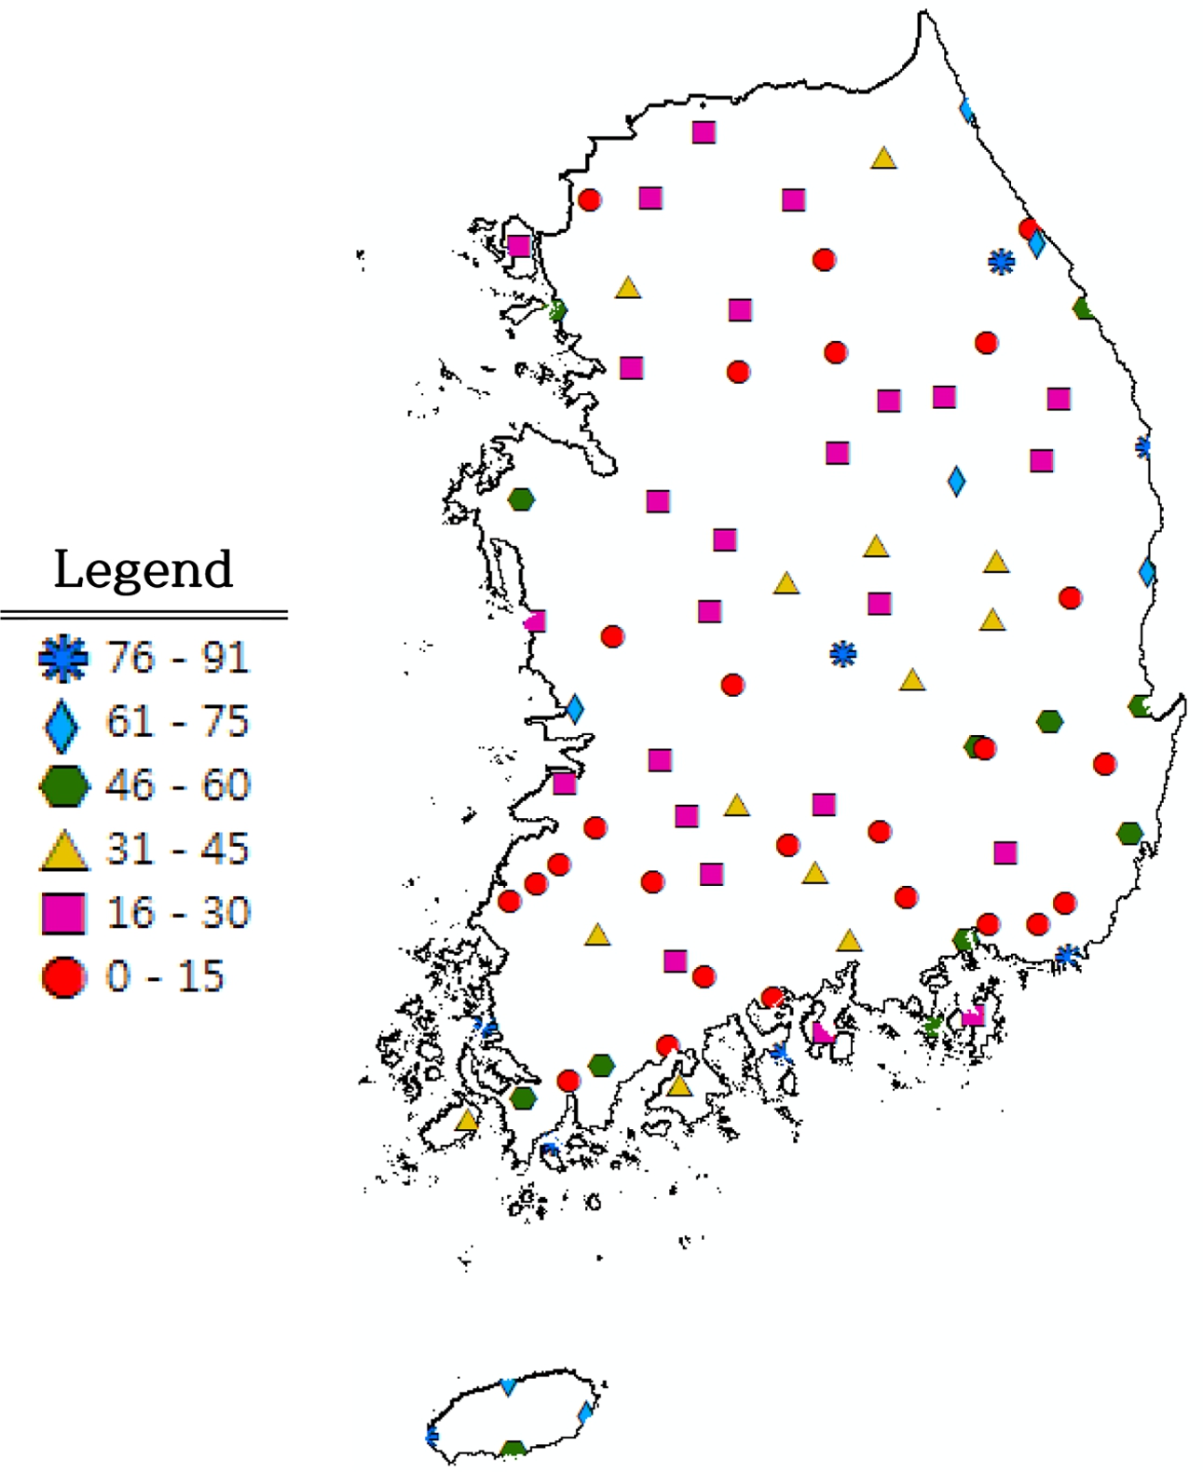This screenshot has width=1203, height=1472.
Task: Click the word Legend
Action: coord(143,569)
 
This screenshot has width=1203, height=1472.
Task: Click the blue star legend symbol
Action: coord(63,658)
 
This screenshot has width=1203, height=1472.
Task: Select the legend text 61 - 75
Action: coord(177,721)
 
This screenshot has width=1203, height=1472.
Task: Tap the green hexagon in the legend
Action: coord(63,785)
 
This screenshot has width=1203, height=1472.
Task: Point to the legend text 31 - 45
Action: coord(177,849)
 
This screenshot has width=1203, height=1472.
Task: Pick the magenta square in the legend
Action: coord(63,913)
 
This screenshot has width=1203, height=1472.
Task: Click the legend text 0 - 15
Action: coord(165,976)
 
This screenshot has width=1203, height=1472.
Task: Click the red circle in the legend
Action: coord(63,977)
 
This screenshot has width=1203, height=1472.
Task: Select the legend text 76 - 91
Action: coord(177,658)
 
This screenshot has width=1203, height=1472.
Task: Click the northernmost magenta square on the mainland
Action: coord(704,132)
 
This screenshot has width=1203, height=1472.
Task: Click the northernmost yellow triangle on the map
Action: coord(883,158)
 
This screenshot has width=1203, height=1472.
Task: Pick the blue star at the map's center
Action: coord(842,654)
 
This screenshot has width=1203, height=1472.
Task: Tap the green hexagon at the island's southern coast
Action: coord(513,1449)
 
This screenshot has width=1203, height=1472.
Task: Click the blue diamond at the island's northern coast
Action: coord(508,1386)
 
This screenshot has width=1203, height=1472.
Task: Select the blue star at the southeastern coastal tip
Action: coord(1067,955)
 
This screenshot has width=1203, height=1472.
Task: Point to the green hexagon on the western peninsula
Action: coord(521,499)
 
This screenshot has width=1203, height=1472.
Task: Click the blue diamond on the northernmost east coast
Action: coord(967,111)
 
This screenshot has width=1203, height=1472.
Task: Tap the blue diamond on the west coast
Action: coord(575,709)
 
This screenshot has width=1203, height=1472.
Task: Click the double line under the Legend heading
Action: coord(144,615)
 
